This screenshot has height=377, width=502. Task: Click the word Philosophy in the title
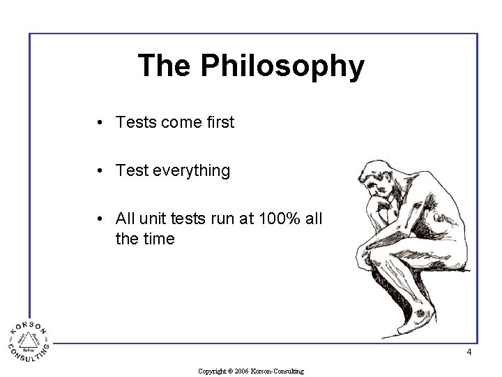[282, 67]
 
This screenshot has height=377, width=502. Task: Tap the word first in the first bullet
[220, 122]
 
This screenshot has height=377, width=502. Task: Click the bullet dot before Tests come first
[101, 123]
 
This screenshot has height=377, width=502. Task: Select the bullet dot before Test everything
[101, 171]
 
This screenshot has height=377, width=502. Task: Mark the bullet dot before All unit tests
[101, 219]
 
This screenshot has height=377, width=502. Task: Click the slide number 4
[469, 353]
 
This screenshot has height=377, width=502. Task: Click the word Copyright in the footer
[212, 371]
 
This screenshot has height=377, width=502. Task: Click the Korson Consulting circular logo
[29, 342]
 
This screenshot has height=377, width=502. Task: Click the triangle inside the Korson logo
[29, 342]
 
